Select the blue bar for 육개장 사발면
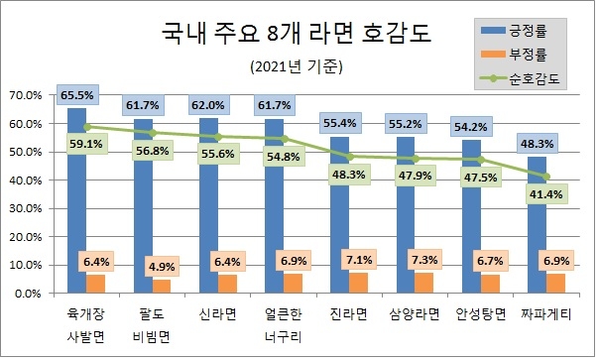click(75, 198)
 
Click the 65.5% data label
click(76, 96)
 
